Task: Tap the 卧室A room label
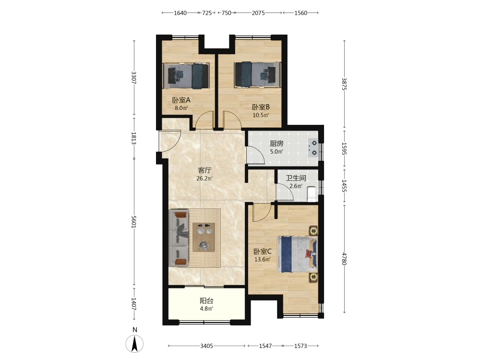pos(181,100)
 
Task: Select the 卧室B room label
pos(261,107)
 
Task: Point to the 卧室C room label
pos(263,252)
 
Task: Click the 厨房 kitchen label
pos(276,143)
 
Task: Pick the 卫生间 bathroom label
pos(296,178)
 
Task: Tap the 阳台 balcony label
pos(206,300)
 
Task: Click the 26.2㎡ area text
pos(204,178)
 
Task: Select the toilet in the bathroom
pos(312,194)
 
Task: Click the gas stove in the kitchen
pos(313,148)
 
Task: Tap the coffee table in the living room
pos(204,237)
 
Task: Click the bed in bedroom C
pos(297,254)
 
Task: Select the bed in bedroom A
pos(186,76)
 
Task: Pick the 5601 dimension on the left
pos(133,222)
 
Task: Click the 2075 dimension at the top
pos(258,13)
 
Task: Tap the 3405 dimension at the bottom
pos(206,346)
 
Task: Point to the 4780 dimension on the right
pos(344,259)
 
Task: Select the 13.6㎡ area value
pos(263,260)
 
